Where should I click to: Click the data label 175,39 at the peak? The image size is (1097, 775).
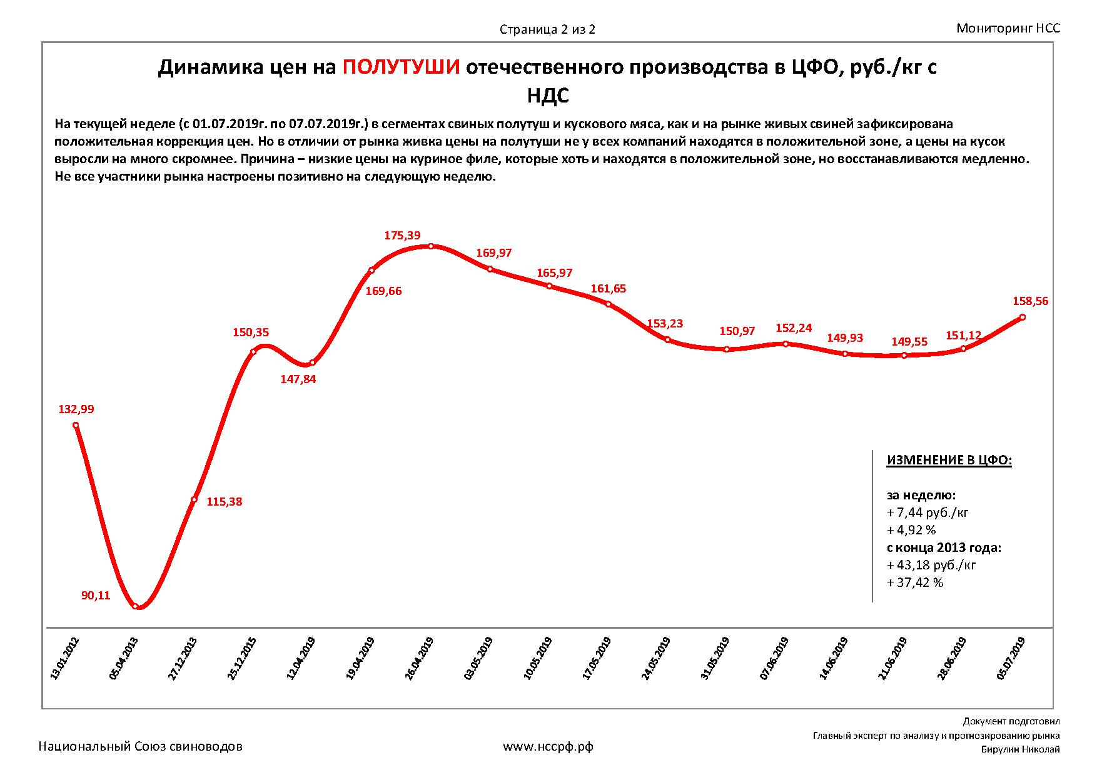click(x=402, y=236)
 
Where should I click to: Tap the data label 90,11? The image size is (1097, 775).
click(x=96, y=596)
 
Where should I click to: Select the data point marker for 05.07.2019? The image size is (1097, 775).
click(x=1023, y=317)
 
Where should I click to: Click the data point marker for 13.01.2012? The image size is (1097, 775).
click(x=76, y=425)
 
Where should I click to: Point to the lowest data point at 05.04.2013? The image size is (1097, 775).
click(x=136, y=606)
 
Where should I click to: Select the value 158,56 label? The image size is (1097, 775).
click(x=1030, y=301)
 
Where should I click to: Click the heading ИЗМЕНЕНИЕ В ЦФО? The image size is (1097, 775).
click(x=949, y=461)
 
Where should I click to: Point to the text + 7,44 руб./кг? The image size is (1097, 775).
click(x=928, y=512)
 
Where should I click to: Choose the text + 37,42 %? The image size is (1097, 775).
click(x=915, y=582)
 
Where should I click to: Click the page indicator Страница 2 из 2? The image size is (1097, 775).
click(x=547, y=29)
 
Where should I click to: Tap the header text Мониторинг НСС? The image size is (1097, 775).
click(x=1008, y=28)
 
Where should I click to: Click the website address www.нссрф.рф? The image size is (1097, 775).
click(x=548, y=746)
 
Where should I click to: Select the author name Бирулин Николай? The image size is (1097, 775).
click(x=1020, y=750)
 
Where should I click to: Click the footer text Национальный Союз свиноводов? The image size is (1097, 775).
click(x=141, y=746)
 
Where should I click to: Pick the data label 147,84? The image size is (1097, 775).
click(x=298, y=379)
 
